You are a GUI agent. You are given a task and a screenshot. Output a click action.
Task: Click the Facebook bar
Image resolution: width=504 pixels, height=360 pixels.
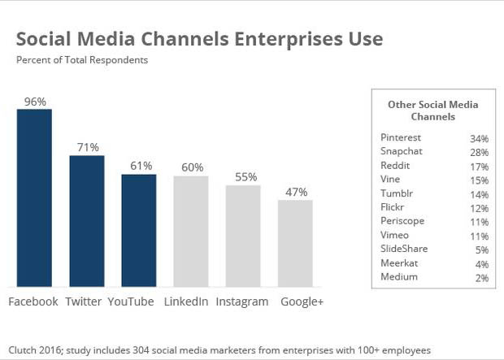point(34,197)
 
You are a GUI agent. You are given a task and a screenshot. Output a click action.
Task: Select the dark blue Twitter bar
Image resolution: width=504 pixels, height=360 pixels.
point(86,220)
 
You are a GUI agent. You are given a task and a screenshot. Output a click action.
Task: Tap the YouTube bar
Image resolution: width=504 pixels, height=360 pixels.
point(138,230)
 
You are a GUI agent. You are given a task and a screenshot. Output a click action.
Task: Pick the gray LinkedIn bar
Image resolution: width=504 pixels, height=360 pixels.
point(191,231)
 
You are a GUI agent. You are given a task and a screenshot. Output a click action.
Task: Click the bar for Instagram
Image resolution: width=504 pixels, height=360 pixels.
point(243,236)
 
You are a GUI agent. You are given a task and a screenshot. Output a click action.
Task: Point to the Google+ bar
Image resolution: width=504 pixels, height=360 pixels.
point(295,243)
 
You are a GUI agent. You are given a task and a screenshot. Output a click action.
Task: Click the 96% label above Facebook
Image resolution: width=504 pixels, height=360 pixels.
point(35,102)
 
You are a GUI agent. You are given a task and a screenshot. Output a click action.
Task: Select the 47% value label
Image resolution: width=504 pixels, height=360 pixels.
point(295,192)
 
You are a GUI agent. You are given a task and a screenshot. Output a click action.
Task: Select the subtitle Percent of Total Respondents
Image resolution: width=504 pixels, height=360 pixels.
point(81,59)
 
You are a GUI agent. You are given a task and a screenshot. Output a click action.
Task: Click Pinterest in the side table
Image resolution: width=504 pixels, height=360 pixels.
point(400,138)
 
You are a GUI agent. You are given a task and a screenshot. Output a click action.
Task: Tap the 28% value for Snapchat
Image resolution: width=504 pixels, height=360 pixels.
point(478,152)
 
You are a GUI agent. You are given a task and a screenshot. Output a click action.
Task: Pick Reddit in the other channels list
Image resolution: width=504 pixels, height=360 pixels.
point(395,165)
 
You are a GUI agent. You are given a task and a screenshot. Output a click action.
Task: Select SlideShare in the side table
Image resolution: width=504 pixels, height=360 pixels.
point(404,249)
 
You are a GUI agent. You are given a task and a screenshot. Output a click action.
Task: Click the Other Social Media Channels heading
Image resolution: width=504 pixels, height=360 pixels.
point(432,111)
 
